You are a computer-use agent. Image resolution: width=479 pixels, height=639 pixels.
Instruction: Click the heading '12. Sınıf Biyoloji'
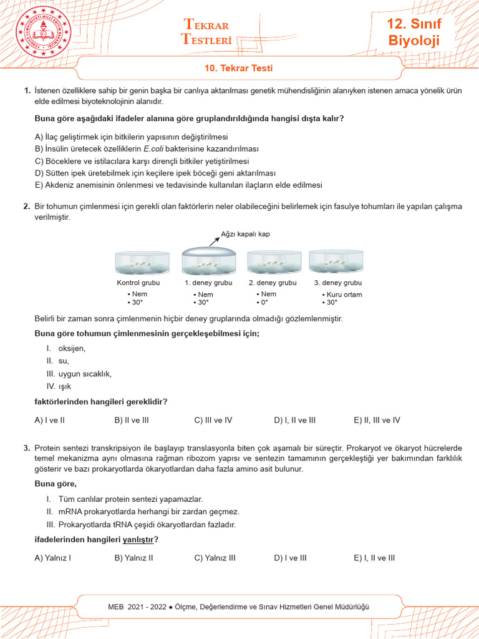[x=414, y=33]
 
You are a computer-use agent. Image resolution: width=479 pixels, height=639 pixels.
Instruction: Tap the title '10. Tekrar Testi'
[x=239, y=69]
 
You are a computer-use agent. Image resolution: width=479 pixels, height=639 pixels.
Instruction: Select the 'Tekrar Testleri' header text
[x=206, y=32]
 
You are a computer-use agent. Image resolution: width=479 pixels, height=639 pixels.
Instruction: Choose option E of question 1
[x=178, y=185]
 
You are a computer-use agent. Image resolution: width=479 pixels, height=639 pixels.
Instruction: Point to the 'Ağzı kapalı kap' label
[x=246, y=235]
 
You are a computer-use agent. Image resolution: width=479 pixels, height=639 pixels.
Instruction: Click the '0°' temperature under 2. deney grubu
[x=264, y=303]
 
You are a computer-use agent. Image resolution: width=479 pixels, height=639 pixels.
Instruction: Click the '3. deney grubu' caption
[x=337, y=283]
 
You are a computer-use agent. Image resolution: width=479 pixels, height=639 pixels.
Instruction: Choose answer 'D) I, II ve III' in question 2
[x=295, y=420]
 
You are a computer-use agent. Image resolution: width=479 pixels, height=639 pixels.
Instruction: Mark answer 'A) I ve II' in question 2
[x=50, y=420]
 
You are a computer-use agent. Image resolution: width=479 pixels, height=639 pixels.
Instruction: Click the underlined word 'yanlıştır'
[x=139, y=539]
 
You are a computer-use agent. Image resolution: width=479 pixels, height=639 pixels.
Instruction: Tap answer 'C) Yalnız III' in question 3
[x=215, y=558]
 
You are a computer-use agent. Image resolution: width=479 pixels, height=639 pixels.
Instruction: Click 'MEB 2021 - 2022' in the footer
[x=137, y=607]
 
